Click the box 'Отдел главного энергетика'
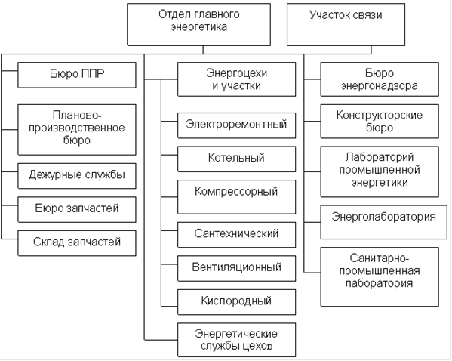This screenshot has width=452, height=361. (x=199, y=24)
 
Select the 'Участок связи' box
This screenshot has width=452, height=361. (x=346, y=24)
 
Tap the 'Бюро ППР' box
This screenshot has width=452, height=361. (x=77, y=75)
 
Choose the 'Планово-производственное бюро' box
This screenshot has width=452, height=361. (x=77, y=130)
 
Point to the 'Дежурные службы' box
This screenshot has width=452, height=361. (x=77, y=176)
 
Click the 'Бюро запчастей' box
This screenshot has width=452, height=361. (x=77, y=209)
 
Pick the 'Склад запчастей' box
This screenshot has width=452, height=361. (x=77, y=243)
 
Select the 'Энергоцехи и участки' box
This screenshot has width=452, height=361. (x=237, y=79)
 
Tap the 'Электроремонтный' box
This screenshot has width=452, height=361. (x=237, y=125)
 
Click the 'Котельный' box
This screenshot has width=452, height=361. (x=237, y=159)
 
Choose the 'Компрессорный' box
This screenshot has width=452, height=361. (x=237, y=197)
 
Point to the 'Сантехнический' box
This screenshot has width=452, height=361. (x=237, y=235)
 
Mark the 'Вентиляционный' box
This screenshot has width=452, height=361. (x=237, y=268)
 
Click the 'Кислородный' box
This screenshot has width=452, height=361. (x=237, y=302)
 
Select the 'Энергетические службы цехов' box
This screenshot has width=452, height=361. (x=237, y=340)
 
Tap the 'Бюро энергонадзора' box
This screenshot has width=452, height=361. (x=380, y=79)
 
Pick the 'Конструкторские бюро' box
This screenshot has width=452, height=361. (x=380, y=121)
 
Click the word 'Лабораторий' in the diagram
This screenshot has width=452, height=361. (x=380, y=157)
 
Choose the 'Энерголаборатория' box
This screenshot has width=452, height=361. (x=383, y=222)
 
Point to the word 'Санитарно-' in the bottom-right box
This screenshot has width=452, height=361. (x=380, y=258)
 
